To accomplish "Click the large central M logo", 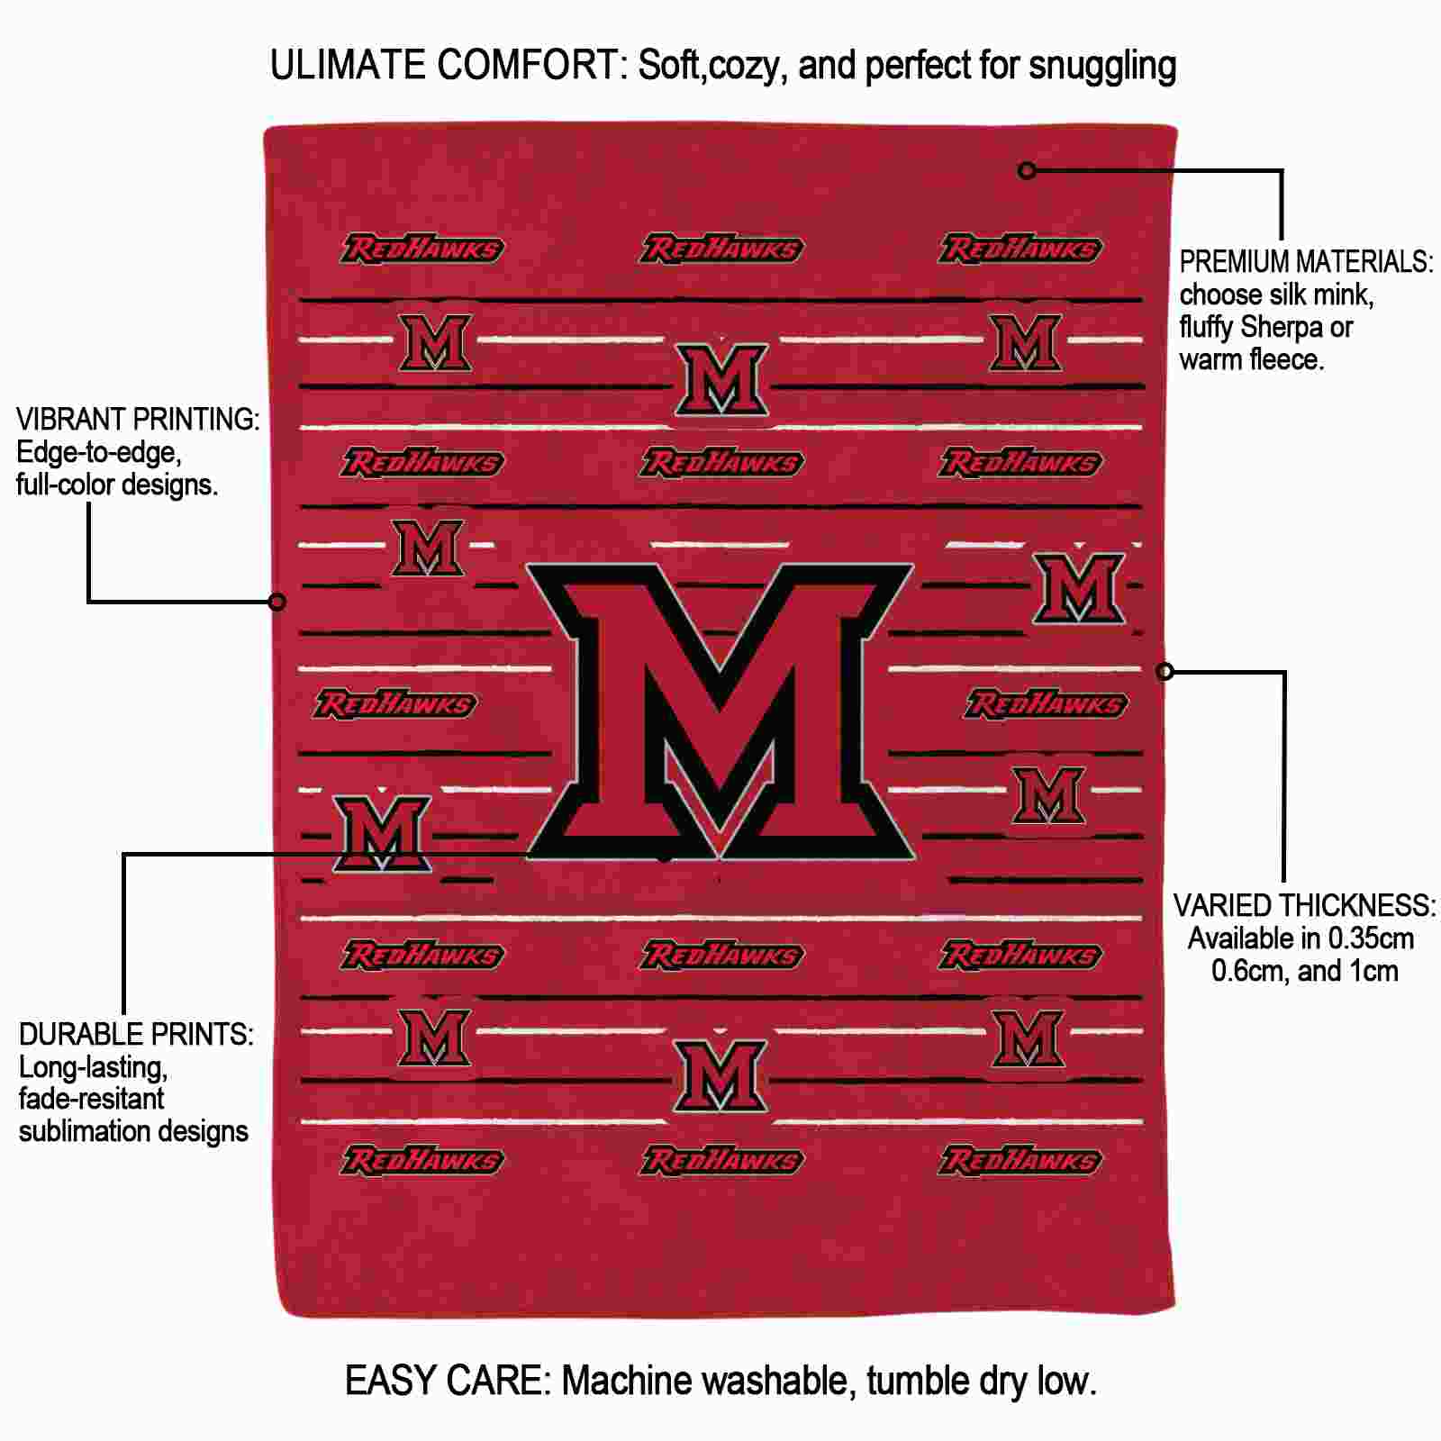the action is (x=720, y=711).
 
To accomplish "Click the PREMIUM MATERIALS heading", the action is (x=1306, y=262).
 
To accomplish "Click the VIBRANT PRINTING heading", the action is (x=138, y=420).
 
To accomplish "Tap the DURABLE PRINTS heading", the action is (x=136, y=1035).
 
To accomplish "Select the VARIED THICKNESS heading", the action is (x=1304, y=906).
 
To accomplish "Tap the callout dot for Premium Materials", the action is (x=1027, y=170).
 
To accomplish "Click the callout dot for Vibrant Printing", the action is (x=277, y=601).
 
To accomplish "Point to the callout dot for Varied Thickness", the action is (x=1165, y=671).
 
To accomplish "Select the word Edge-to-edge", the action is (x=99, y=453).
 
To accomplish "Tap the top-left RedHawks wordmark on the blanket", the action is (x=421, y=249).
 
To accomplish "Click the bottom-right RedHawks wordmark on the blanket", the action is (x=1020, y=1160).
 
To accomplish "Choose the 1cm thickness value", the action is (x=1373, y=971).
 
